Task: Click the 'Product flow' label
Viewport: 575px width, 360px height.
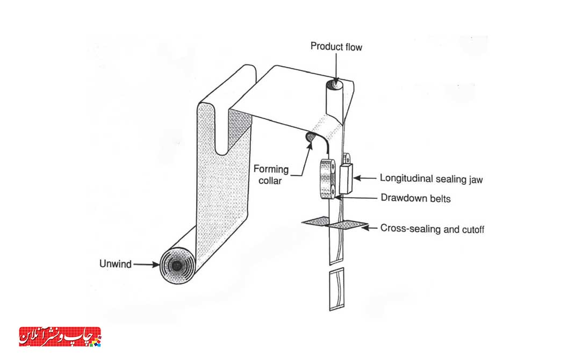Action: click(x=336, y=47)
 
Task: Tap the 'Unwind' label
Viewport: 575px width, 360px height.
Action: click(x=116, y=264)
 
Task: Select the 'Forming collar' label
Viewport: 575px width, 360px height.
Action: click(x=271, y=175)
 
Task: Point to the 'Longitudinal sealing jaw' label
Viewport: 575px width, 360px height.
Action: click(x=431, y=179)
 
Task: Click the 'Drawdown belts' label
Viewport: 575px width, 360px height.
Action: click(x=415, y=198)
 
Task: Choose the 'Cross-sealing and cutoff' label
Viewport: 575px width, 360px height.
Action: click(x=433, y=229)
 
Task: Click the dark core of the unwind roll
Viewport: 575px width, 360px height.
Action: click(x=177, y=266)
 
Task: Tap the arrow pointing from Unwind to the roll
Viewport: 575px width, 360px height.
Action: click(x=146, y=264)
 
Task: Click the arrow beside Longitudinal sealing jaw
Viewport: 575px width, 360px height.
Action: click(x=365, y=178)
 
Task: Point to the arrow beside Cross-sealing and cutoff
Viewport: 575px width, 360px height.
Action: click(x=369, y=228)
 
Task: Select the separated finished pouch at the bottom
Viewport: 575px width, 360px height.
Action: click(x=336, y=289)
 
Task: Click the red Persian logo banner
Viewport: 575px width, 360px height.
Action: click(x=60, y=336)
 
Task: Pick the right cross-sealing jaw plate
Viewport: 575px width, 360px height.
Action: click(x=347, y=225)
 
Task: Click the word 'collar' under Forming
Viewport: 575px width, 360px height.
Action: click(x=270, y=181)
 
